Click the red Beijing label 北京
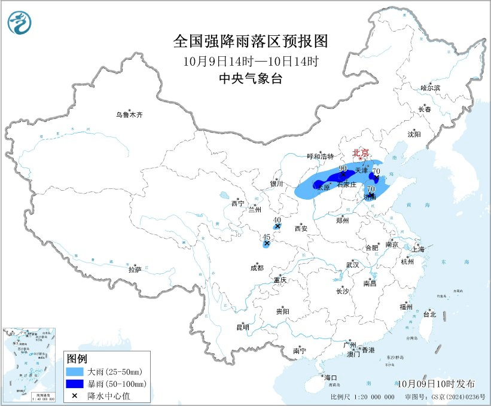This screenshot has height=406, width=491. [x=361, y=152]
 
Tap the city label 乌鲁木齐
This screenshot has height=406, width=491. [x=130, y=114]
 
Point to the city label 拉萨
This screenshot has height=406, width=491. [x=135, y=270]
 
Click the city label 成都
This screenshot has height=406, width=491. [x=257, y=268]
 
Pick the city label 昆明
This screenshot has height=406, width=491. [x=242, y=327]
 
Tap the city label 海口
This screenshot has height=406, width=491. [x=331, y=378]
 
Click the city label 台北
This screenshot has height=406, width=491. [x=429, y=314]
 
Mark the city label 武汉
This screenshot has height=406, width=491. [x=352, y=264]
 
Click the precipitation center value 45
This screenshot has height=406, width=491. [x=266, y=237]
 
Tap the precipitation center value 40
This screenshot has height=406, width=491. [x=277, y=219]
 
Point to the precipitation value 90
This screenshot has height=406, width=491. [x=343, y=169]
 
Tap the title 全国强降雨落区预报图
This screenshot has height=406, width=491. [x=251, y=41]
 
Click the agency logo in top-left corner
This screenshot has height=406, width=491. [x=20, y=22]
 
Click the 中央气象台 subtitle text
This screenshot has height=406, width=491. [x=251, y=78]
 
